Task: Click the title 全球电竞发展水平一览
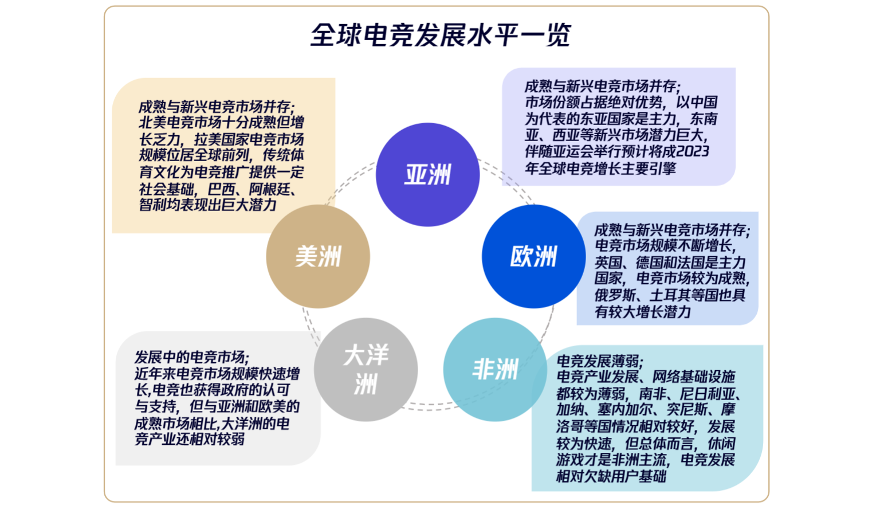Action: pyautogui.click(x=441, y=36)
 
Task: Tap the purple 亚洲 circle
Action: pyautogui.click(x=428, y=174)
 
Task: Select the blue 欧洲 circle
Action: pyautogui.click(x=533, y=256)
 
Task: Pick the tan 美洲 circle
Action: pyautogui.click(x=318, y=256)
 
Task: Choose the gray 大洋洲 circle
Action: pyautogui.click(x=366, y=370)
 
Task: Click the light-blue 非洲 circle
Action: pyautogui.click(x=495, y=370)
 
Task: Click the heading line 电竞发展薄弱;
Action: pyautogui.click(x=600, y=361)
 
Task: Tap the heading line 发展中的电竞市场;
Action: pyautogui.click(x=192, y=357)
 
